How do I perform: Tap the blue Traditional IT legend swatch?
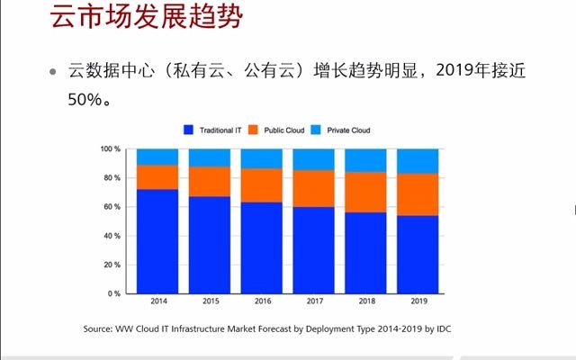tap(188, 130)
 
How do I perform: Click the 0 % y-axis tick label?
tap(114, 293)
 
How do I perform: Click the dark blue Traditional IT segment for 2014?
tap(157, 241)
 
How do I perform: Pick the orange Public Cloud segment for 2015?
tap(209, 182)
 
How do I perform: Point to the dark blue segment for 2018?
tap(365, 253)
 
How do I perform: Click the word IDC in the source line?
tap(443, 329)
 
